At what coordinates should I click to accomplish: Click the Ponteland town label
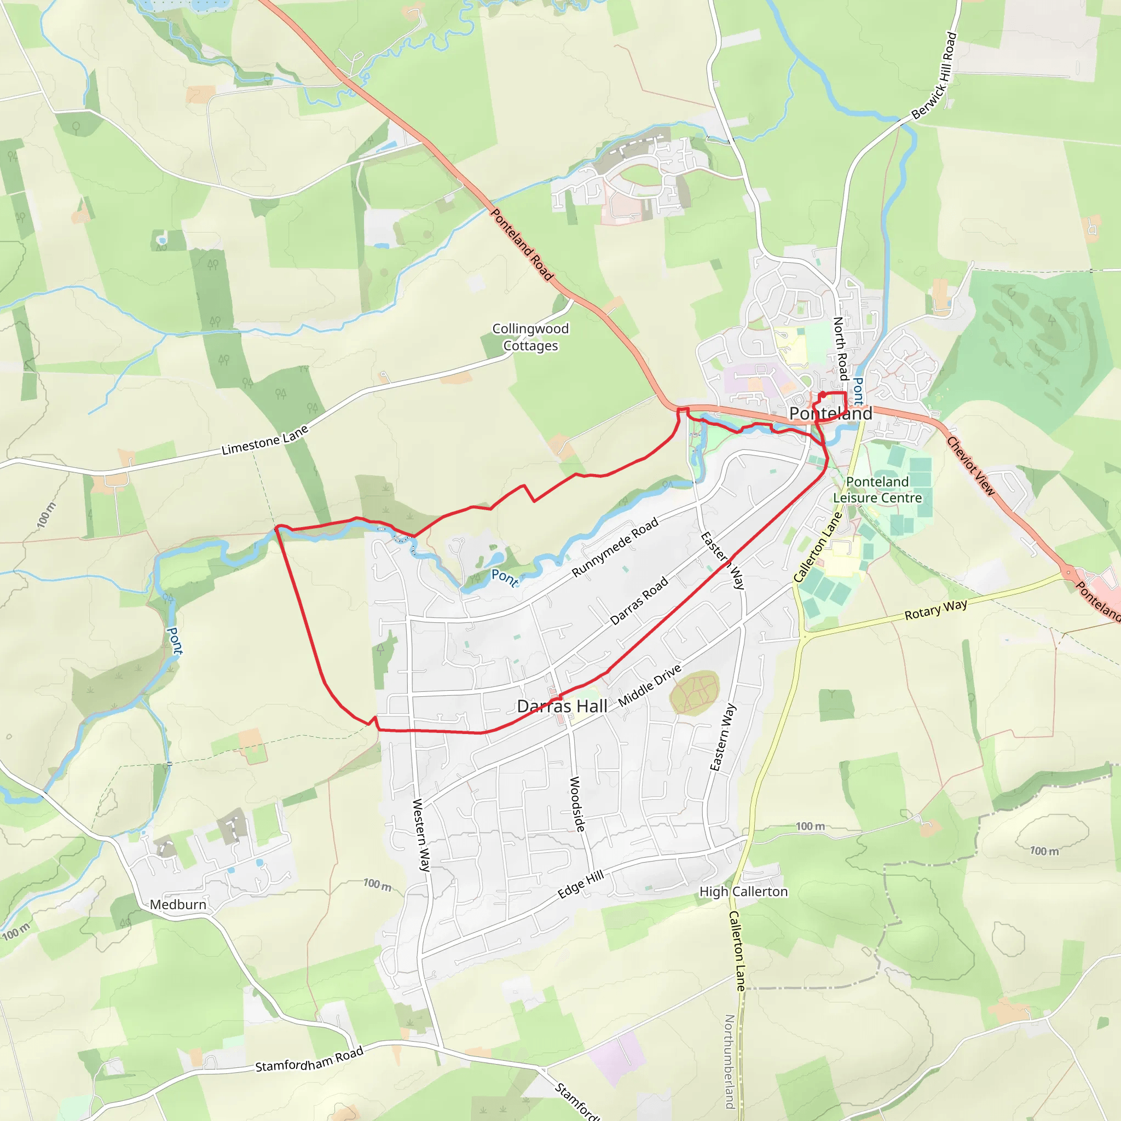(x=830, y=414)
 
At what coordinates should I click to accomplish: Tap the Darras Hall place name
(x=562, y=706)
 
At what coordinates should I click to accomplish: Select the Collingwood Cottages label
(x=530, y=337)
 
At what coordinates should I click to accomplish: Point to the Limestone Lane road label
(x=264, y=441)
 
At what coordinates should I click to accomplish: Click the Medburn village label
(x=177, y=905)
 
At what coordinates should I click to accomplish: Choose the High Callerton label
(x=743, y=892)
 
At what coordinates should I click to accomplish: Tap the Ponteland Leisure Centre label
(x=877, y=490)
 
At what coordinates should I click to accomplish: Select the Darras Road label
(x=639, y=601)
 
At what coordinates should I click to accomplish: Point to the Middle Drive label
(x=649, y=686)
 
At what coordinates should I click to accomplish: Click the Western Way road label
(x=421, y=835)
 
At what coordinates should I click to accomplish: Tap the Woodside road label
(x=577, y=804)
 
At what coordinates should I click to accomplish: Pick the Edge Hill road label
(x=581, y=885)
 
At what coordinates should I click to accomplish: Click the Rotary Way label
(x=935, y=610)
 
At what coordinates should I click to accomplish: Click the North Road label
(x=841, y=348)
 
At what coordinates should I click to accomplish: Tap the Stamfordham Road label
(x=309, y=1059)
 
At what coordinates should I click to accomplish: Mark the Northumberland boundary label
(x=730, y=1061)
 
